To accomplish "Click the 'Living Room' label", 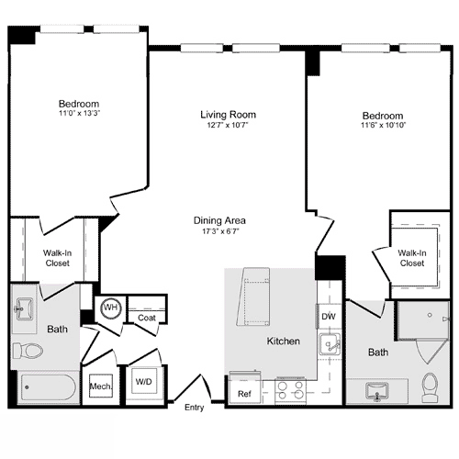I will click(228, 115).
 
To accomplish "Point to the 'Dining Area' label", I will click(218, 220).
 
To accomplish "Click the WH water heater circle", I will click(110, 308).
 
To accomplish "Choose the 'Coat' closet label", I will click(146, 319).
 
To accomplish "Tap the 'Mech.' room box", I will click(100, 387).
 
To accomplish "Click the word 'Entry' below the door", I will click(194, 408).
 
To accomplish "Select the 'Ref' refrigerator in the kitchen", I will click(244, 395).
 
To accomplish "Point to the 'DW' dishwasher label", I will click(328, 317).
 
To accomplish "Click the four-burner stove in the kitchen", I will click(291, 392).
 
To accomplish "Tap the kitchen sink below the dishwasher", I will click(329, 346).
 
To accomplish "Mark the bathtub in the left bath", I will click(48, 387).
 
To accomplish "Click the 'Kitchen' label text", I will click(283, 341).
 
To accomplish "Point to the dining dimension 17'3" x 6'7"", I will click(218, 233).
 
